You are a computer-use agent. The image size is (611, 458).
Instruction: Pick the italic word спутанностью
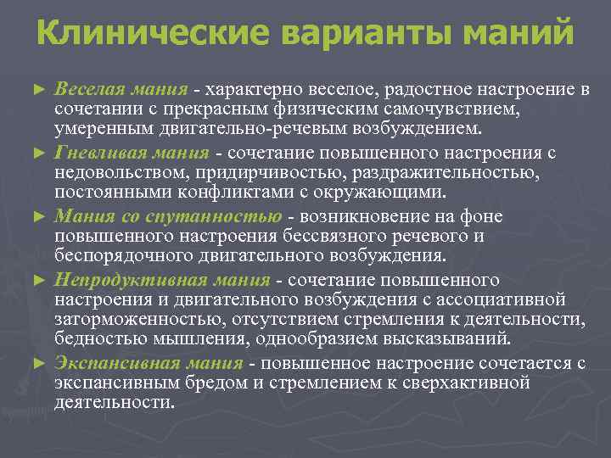227,216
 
